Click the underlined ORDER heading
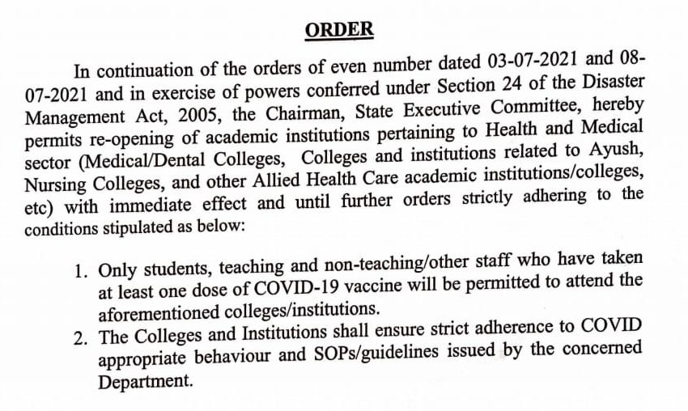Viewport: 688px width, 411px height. [x=339, y=30]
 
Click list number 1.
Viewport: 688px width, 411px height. [x=80, y=270]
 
